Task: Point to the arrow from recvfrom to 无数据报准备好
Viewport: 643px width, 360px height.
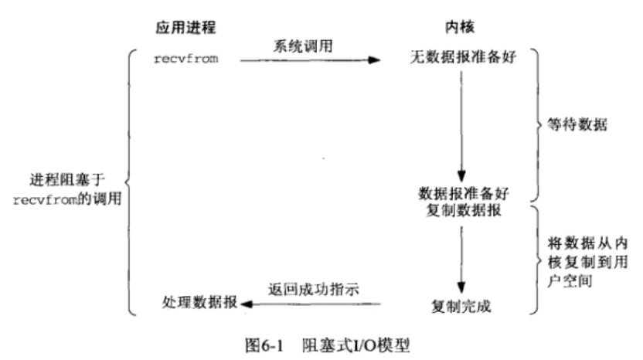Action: pyautogui.click(x=309, y=59)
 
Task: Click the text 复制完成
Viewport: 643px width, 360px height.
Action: pyautogui.click(x=461, y=304)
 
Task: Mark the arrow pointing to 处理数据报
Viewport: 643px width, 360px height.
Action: pyautogui.click(x=309, y=304)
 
